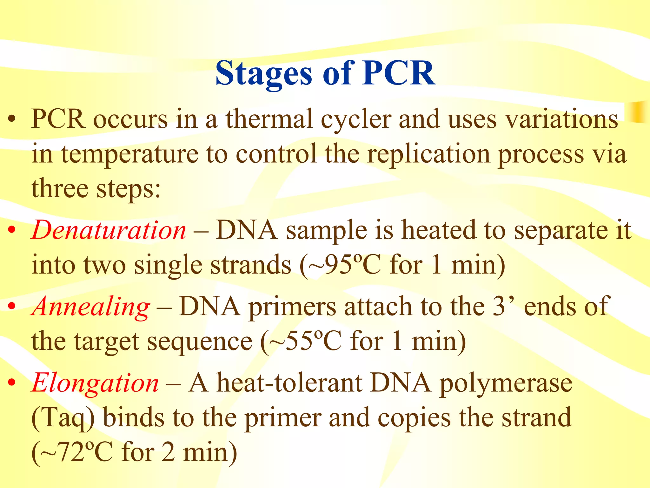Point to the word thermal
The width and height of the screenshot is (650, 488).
tap(269, 119)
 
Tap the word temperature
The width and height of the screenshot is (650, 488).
tap(129, 154)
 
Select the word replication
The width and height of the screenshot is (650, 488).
tap(428, 154)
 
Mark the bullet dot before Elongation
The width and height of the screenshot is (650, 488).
tap(12, 383)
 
